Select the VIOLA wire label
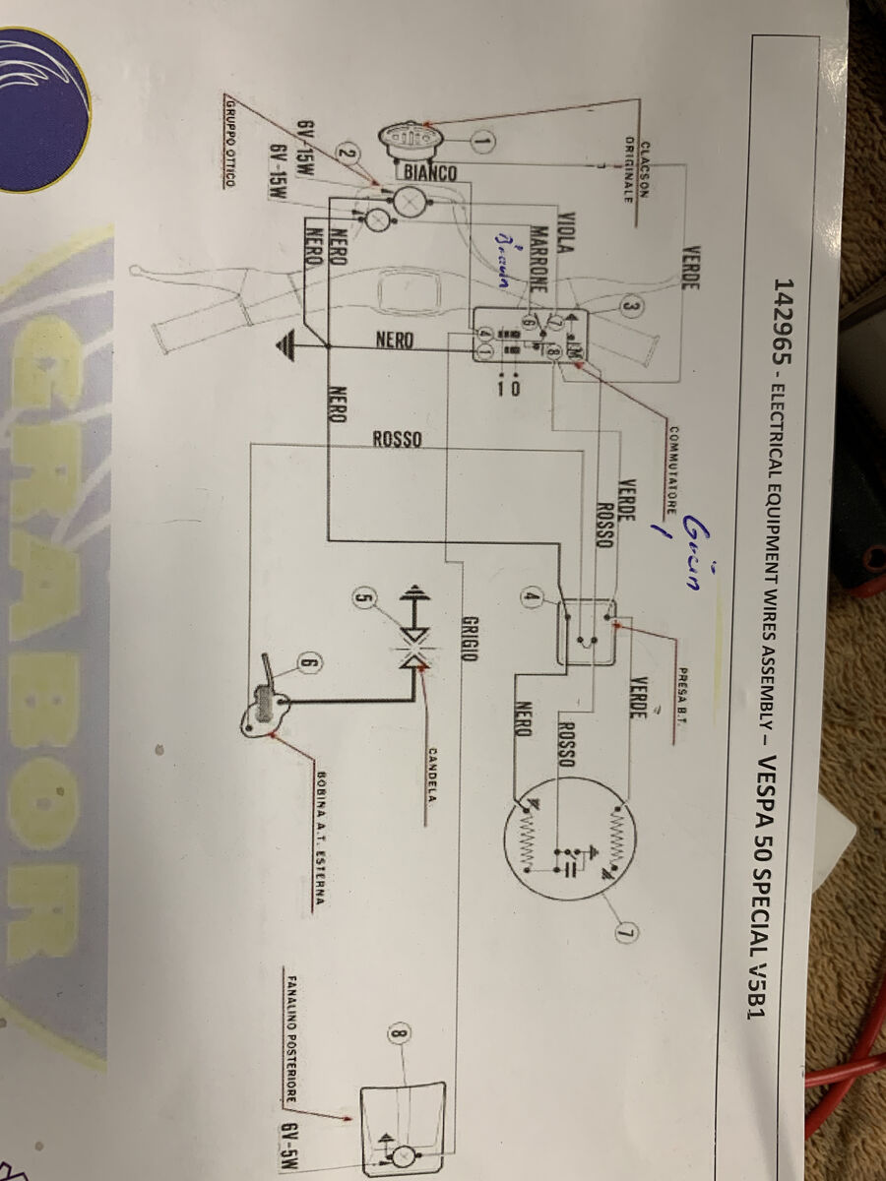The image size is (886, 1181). click(x=565, y=235)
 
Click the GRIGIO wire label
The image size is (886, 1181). click(x=470, y=639)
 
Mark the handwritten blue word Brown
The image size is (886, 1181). click(x=504, y=261)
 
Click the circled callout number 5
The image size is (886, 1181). click(x=364, y=596)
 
